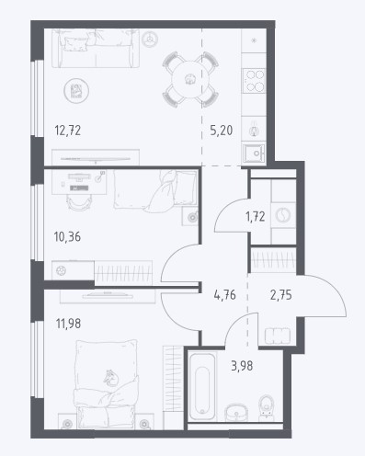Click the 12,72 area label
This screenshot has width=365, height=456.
[x=68, y=131]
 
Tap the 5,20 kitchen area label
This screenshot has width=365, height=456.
[x=222, y=131]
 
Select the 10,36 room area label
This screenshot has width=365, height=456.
[x=67, y=237]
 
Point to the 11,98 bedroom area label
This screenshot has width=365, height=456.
[x=68, y=324]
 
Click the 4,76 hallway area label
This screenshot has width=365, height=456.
[x=225, y=295]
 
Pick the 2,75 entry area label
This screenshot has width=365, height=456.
[x=281, y=295]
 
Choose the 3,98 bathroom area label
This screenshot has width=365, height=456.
[x=242, y=366]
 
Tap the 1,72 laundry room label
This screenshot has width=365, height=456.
[x=256, y=217]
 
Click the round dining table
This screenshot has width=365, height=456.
[x=190, y=79]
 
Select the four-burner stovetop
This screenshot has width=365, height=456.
[x=254, y=81]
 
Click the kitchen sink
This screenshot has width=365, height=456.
[x=254, y=154]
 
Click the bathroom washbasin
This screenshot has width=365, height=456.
[x=236, y=412]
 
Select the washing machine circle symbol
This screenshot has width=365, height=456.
[x=283, y=215]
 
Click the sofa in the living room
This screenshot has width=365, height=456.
[x=96, y=48]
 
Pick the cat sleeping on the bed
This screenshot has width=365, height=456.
[x=111, y=379]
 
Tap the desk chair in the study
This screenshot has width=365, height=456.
[x=79, y=203]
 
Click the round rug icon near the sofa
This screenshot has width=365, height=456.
[x=76, y=91]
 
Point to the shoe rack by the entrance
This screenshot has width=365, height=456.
[x=278, y=336]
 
